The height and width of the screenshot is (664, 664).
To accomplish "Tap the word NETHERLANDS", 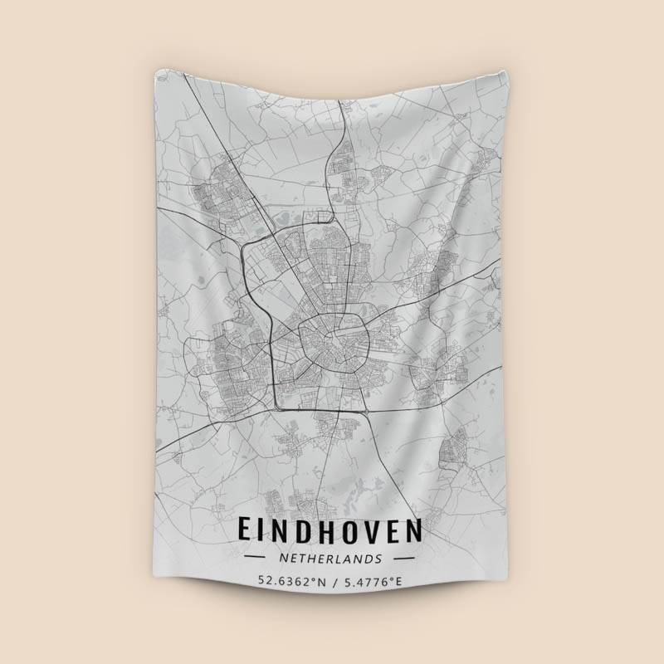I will coord(330,559).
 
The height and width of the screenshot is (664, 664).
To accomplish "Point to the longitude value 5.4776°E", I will coord(373,581).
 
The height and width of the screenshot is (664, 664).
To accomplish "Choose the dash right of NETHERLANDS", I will coord(404,559).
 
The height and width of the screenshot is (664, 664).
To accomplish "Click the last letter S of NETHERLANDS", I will coord(379,559).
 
